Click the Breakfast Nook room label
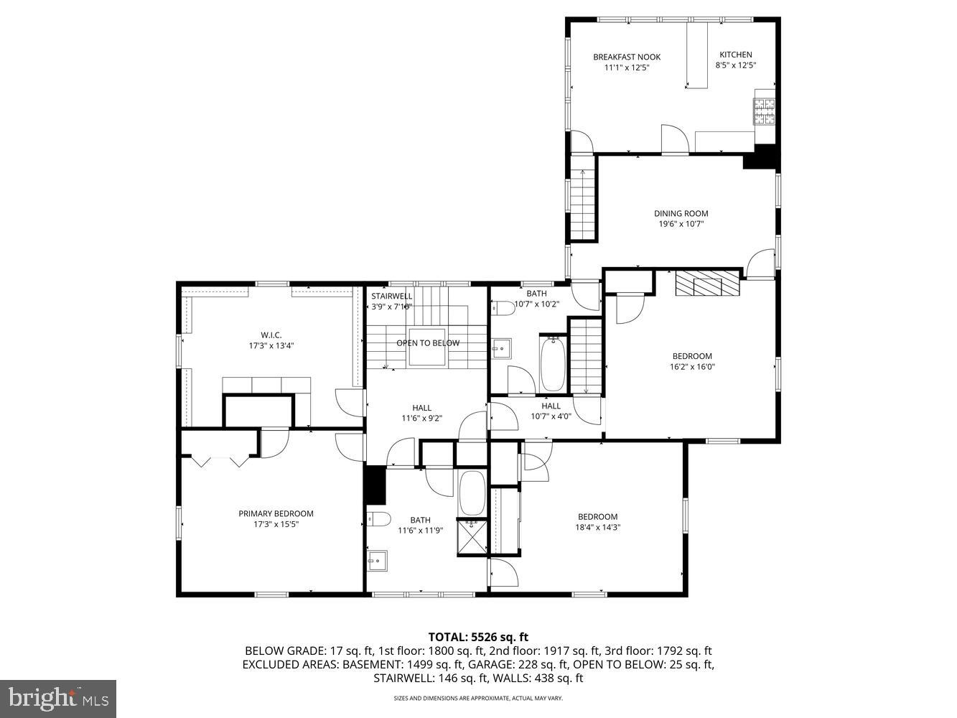coord(626,57)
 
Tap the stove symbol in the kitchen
coord(764,109)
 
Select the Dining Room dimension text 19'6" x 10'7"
coord(681,223)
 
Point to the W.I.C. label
coord(271,335)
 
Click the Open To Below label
coord(427,343)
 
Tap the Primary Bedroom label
coord(276,513)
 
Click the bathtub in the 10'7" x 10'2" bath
coord(552,364)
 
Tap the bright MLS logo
coord(58,698)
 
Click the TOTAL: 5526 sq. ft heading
coord(478,636)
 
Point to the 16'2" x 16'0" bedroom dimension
coord(692,366)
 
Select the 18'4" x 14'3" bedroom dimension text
coord(597,527)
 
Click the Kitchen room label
coord(736,55)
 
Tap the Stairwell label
coord(391,296)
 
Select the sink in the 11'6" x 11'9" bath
coord(377,560)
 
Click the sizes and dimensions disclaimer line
coord(477,698)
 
